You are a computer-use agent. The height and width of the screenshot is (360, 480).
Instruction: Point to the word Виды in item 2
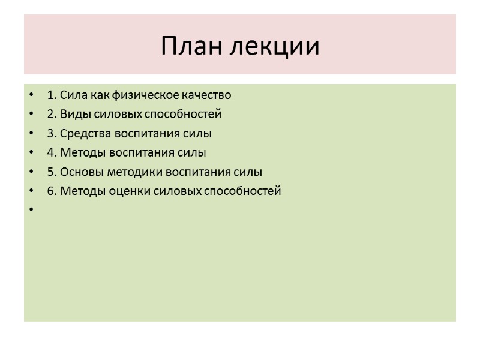(x=71, y=114)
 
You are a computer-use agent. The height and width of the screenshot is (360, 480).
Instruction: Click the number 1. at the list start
(x=51, y=95)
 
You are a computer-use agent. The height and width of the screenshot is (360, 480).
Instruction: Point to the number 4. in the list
(x=51, y=152)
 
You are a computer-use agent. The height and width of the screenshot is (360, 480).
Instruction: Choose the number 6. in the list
(x=51, y=191)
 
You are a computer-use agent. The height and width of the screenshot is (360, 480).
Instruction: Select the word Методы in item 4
(x=77, y=152)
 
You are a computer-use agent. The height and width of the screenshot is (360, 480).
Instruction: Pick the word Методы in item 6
(x=77, y=191)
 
